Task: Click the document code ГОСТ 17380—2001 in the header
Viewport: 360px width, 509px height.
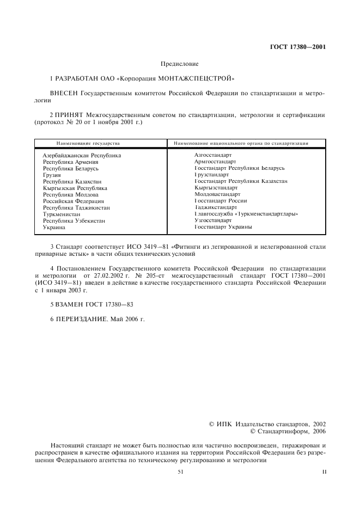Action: point(298,47)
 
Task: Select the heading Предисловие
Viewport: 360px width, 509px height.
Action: point(179,64)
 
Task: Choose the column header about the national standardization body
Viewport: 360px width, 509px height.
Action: point(241,143)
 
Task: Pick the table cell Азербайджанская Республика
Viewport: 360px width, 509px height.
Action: point(82,155)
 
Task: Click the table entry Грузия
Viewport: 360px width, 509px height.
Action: point(52,175)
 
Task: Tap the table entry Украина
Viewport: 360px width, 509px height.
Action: point(54,227)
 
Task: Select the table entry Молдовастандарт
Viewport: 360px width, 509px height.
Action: point(217,194)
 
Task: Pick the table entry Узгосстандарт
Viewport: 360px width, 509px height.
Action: point(212,220)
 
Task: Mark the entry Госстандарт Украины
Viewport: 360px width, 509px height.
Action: point(223,227)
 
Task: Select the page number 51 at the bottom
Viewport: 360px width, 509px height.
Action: point(180,473)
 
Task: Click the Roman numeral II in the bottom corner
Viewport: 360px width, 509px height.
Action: point(324,473)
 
